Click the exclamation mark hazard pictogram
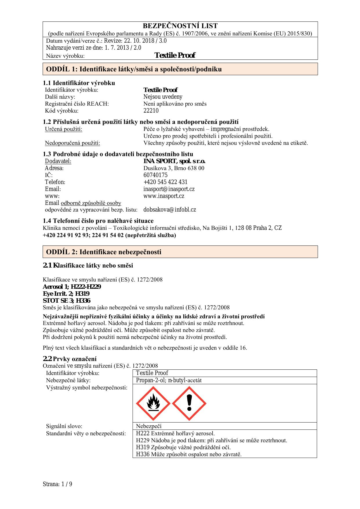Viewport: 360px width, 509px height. point(189,403)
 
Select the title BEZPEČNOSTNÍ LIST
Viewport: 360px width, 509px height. point(180,26)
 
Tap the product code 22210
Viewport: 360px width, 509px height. point(151,111)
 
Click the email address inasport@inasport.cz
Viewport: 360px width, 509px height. point(169,189)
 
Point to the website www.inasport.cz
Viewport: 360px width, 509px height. point(164,196)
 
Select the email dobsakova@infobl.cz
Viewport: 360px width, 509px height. point(170,210)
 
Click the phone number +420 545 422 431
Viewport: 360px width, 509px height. point(165,182)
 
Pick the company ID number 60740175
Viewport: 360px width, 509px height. point(155,175)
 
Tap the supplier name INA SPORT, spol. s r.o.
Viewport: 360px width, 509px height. point(174,161)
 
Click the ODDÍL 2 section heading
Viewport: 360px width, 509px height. point(104,252)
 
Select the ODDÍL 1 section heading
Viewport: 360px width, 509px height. point(134,69)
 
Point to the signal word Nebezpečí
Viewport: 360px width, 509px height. point(149,426)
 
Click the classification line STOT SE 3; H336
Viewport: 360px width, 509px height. point(66,301)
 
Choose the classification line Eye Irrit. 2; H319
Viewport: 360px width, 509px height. point(66,294)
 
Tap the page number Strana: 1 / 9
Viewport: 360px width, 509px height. point(57,484)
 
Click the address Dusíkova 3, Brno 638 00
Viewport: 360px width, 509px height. point(174,168)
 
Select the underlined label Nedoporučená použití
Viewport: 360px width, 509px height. point(73,143)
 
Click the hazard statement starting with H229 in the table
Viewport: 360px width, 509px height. point(211,441)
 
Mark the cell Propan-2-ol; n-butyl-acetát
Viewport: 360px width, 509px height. point(169,380)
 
